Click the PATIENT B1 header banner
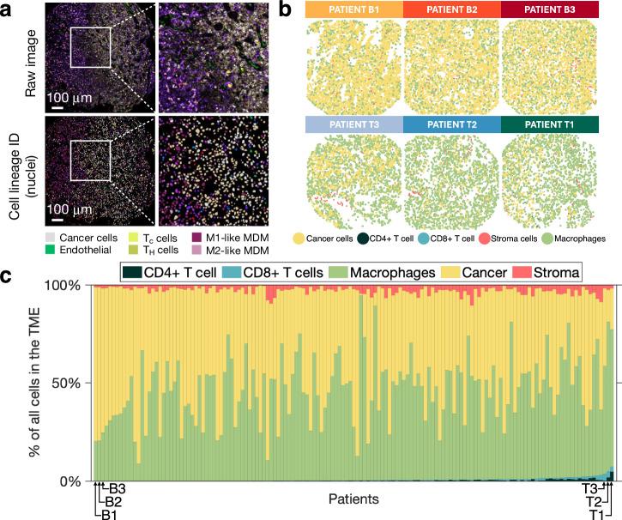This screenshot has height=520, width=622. [353, 9]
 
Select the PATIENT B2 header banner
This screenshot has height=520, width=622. [451, 9]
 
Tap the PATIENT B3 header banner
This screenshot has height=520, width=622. [550, 9]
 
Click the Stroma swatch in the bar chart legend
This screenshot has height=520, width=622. [537, 272]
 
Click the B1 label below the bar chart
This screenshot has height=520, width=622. [108, 514]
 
